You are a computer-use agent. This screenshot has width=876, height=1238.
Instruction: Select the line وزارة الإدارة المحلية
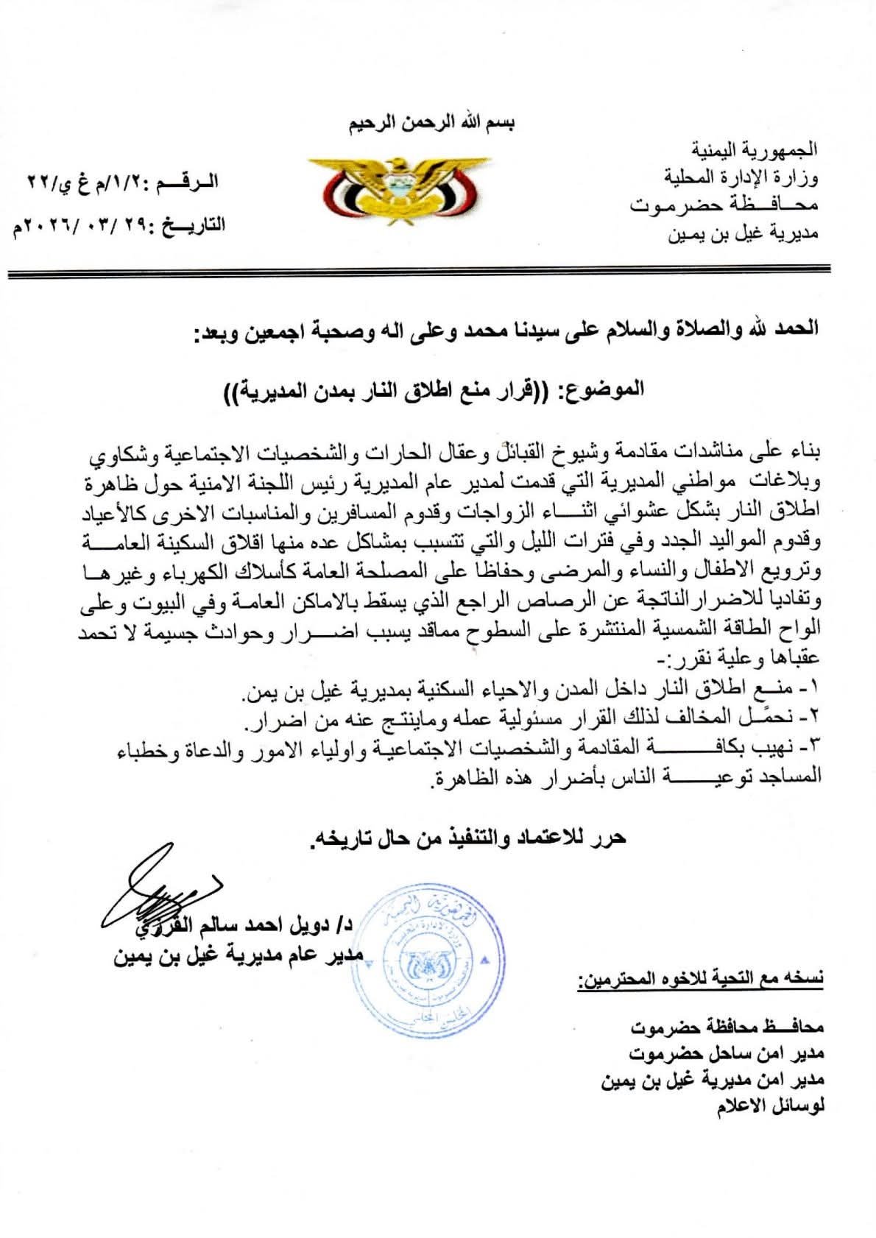coord(742,177)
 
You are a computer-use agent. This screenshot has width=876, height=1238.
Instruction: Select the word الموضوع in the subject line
coord(603,388)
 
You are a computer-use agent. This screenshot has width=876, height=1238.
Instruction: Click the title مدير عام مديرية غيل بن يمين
coord(240,956)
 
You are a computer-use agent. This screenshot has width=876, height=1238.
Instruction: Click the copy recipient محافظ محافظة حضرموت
coord(729,1025)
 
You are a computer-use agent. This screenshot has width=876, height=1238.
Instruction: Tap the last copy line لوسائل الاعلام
coord(771,1109)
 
